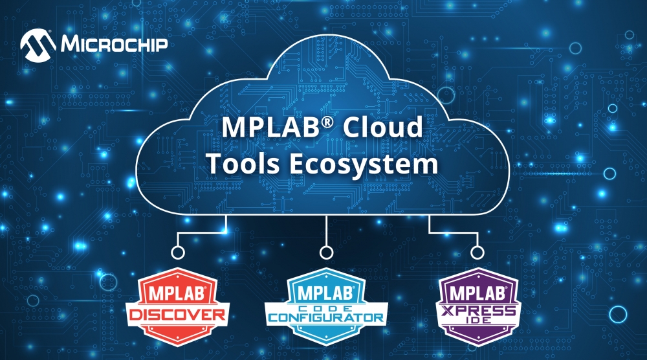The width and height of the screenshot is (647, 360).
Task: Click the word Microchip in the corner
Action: (113, 44)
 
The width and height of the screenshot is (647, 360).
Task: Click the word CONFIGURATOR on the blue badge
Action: (325, 318)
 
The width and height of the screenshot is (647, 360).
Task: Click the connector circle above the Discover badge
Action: (173, 252)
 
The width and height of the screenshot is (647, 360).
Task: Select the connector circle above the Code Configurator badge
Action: (326, 252)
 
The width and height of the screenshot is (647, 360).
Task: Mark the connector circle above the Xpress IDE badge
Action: (477, 252)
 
